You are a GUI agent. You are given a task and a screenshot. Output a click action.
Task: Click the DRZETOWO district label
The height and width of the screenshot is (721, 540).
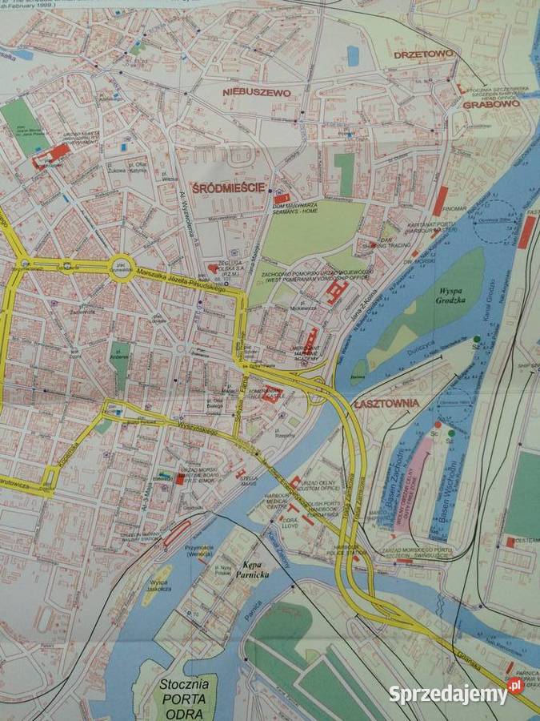tap(423, 54)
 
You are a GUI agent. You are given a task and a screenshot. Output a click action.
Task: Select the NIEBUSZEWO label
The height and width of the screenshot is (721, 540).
tap(256, 93)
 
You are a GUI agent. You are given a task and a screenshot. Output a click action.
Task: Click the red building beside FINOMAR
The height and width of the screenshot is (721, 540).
tap(440, 201)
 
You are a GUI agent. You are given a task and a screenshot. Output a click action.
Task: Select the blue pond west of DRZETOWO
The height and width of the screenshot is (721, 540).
tap(353, 54)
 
